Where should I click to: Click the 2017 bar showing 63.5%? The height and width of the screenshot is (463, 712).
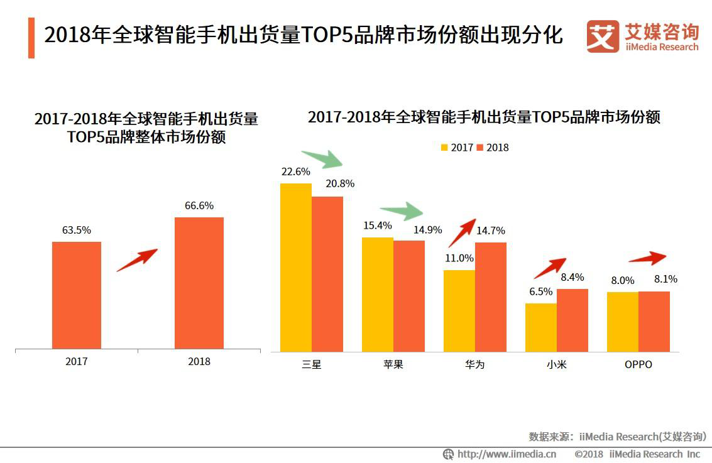pyautogui.click(x=77, y=295)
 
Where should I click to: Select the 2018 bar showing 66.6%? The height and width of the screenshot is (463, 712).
pyautogui.click(x=199, y=283)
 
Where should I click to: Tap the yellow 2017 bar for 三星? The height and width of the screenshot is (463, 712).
pyautogui.click(x=296, y=267)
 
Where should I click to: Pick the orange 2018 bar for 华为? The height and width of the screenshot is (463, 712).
pyautogui.click(x=491, y=297)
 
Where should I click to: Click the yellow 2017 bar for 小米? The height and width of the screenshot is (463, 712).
pyautogui.click(x=541, y=327)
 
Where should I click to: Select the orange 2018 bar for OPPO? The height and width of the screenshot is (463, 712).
pyautogui.click(x=654, y=321)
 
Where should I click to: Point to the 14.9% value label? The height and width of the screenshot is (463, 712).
pyautogui.click(x=427, y=230)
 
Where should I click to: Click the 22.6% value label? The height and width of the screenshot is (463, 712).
pyautogui.click(x=295, y=172)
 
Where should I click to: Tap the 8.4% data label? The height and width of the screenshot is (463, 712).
pyautogui.click(x=572, y=277)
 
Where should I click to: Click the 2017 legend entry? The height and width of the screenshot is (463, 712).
pyautogui.click(x=457, y=148)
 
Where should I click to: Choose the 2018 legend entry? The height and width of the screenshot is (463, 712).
pyautogui.click(x=493, y=148)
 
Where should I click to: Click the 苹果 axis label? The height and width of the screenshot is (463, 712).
pyautogui.click(x=393, y=364)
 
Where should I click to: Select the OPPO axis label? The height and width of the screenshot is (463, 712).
pyautogui.click(x=638, y=364)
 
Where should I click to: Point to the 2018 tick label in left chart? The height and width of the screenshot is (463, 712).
pyautogui.click(x=199, y=362)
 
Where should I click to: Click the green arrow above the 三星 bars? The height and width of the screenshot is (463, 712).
pyautogui.click(x=322, y=160)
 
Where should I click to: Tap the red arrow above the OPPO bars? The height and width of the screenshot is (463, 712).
pyautogui.click(x=647, y=258)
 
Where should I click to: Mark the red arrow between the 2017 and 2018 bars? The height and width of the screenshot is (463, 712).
pyautogui.click(x=137, y=260)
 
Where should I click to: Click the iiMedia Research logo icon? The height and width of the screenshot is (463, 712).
pyautogui.click(x=603, y=36)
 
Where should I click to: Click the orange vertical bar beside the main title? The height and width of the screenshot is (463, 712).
pyautogui.click(x=31, y=38)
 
